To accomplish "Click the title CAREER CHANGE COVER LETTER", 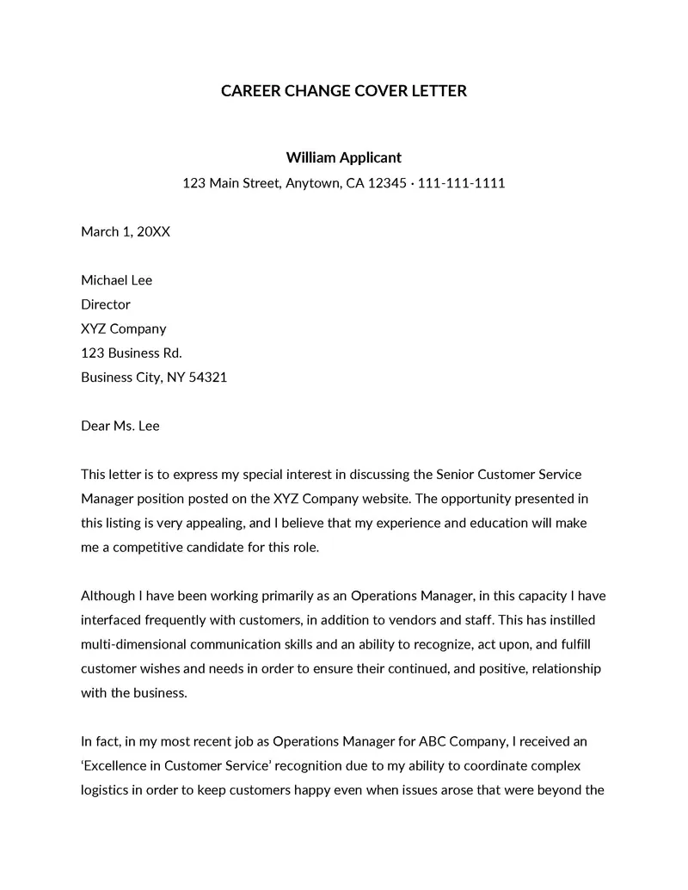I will tap(344, 90).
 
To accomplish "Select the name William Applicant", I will tap(344, 157).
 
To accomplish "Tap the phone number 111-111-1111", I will tap(461, 182).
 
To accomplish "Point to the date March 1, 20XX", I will tap(126, 231).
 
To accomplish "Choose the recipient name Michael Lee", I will tap(116, 280).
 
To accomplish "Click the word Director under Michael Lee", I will tap(106, 304).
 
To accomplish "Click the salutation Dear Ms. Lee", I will tap(120, 426).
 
